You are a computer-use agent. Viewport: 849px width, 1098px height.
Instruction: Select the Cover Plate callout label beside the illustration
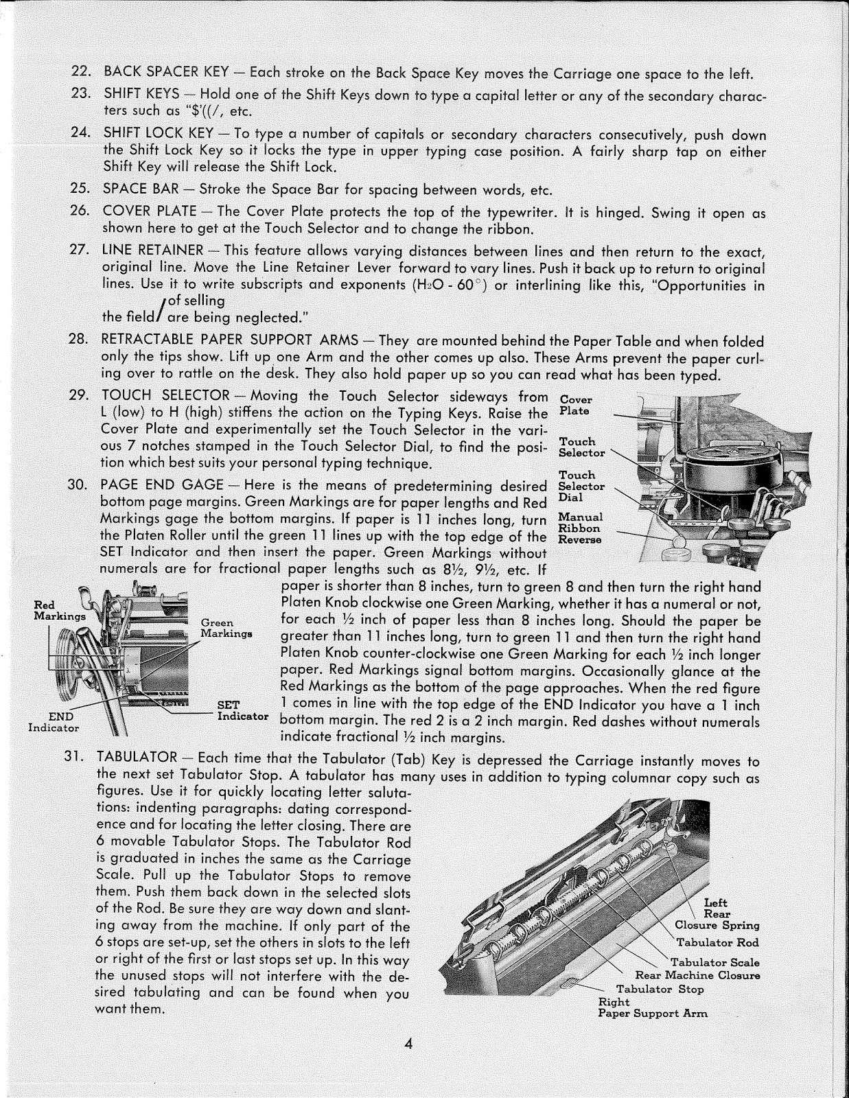pos(575,405)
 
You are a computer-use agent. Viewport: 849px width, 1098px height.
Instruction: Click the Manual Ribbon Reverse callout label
pos(581,528)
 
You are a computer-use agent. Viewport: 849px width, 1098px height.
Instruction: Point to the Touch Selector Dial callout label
pos(581,486)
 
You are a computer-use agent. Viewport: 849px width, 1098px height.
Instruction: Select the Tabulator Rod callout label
pos(717,942)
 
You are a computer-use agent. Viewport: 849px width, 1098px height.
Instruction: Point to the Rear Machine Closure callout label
pos(697,975)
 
